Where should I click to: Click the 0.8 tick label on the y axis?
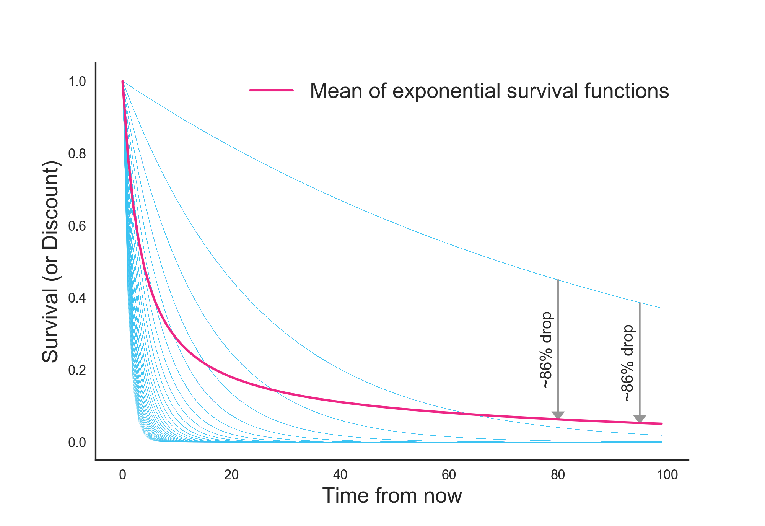77,154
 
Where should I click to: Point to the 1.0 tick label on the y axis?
77,81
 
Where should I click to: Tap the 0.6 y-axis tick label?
77,226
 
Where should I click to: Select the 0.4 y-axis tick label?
77,298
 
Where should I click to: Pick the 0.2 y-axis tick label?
77,370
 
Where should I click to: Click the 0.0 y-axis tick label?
77,443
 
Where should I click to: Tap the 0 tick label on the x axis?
122,475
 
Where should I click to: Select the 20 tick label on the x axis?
231,475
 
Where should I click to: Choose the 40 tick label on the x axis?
340,475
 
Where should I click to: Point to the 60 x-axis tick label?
449,475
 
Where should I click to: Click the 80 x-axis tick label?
558,475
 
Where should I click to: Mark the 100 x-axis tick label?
667,475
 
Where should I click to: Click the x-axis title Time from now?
392,496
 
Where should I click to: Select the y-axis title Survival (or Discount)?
50,262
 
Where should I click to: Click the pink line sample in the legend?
272,91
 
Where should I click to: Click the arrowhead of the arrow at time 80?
558,415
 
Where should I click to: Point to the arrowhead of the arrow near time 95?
640,419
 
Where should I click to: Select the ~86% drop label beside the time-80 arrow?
546,350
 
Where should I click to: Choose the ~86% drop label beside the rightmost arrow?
628,363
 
